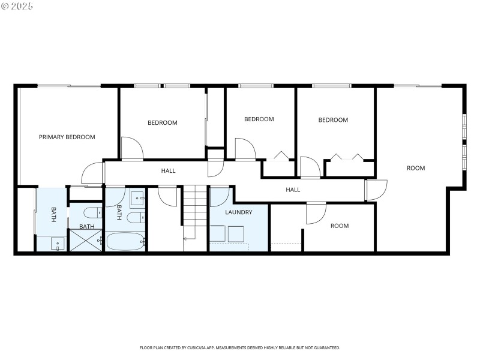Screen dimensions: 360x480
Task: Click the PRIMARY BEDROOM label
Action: (x=67, y=137)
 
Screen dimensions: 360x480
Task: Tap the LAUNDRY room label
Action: (x=238, y=212)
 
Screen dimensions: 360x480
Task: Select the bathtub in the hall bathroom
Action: (x=125, y=241)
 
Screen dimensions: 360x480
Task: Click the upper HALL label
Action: (x=169, y=171)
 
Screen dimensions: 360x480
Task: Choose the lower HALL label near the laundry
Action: (x=293, y=190)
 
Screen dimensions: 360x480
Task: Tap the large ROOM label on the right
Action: (x=416, y=168)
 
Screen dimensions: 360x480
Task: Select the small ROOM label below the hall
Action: (x=340, y=226)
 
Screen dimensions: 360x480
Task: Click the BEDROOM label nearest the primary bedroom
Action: (x=163, y=123)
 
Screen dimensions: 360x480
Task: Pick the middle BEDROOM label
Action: (x=259, y=119)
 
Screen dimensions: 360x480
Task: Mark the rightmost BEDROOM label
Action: (x=333, y=120)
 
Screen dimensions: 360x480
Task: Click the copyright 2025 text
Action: (x=17, y=6)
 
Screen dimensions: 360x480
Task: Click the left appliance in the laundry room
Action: (x=217, y=233)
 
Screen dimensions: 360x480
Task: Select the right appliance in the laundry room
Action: (x=236, y=233)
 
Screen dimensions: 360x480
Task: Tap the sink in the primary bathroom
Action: (x=58, y=243)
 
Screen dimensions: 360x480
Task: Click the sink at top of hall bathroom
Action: (x=137, y=197)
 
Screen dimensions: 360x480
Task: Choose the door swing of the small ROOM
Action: (x=315, y=213)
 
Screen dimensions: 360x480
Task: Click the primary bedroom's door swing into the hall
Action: (x=92, y=174)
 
